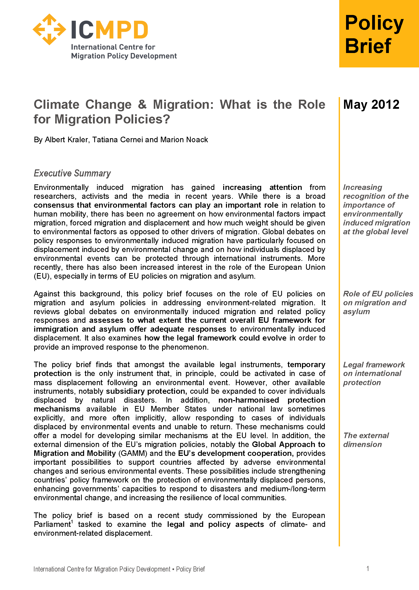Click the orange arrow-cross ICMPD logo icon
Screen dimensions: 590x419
pos(49,29)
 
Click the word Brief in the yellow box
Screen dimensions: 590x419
pos(368,46)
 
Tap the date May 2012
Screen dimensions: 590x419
pos(371,104)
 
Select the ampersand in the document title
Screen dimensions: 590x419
pos(142,104)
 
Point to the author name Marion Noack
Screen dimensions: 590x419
pos(184,140)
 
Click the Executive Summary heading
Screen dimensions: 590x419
pos(72,173)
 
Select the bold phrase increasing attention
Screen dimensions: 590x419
pos(262,187)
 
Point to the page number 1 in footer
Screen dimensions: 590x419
pos(368,568)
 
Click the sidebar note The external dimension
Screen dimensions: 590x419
pos(366,440)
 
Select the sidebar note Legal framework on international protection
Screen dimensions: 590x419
pos(373,373)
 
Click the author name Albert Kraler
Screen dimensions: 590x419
pos(66,140)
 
